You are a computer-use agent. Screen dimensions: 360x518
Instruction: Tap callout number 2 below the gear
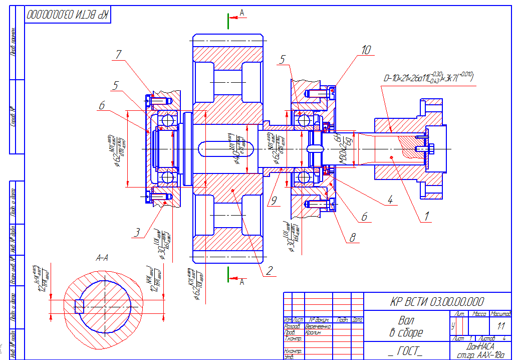269,271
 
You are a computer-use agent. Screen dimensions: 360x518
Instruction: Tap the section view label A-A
102,258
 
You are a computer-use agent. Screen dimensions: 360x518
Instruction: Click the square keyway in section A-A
78,305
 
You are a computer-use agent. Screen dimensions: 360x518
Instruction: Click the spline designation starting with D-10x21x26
428,78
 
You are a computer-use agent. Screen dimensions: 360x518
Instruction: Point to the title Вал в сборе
406,326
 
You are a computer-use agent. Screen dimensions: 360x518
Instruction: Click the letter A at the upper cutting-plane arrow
242,14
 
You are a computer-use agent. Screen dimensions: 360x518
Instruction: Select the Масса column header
479,314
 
